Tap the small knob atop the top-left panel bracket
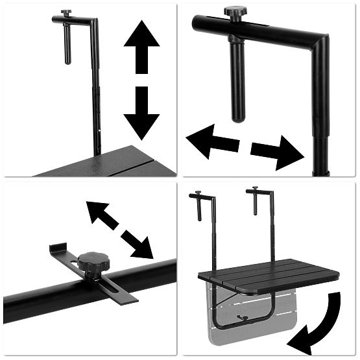tap(66, 13)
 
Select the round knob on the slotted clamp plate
tap(93, 262)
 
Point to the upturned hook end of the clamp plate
tap(57, 249)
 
